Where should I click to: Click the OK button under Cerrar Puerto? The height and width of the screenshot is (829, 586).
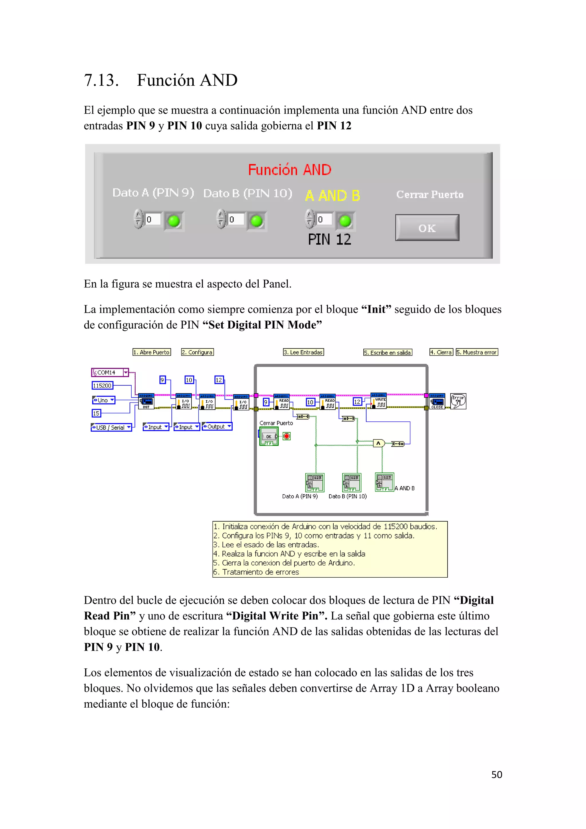(x=427, y=228)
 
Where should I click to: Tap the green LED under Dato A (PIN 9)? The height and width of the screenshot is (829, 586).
(x=174, y=221)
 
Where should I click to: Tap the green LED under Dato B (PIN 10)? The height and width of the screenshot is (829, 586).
(x=257, y=221)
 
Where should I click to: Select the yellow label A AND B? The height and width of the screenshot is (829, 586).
(x=332, y=196)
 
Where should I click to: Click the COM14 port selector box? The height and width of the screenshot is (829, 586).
(x=110, y=372)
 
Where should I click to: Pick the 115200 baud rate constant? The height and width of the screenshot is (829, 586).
(x=102, y=386)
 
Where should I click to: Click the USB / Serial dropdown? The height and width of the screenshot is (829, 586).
(x=111, y=427)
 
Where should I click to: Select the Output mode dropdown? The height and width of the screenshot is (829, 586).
(x=217, y=427)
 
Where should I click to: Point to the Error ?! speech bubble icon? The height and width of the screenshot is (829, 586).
(x=458, y=401)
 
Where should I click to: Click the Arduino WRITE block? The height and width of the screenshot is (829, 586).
(x=379, y=401)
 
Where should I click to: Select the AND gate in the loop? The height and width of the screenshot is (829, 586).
(x=378, y=443)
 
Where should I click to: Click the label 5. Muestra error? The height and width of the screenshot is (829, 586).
(x=477, y=352)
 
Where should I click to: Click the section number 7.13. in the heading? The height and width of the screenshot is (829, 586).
(x=101, y=80)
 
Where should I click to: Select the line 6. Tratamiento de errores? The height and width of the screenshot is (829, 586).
(x=256, y=572)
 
